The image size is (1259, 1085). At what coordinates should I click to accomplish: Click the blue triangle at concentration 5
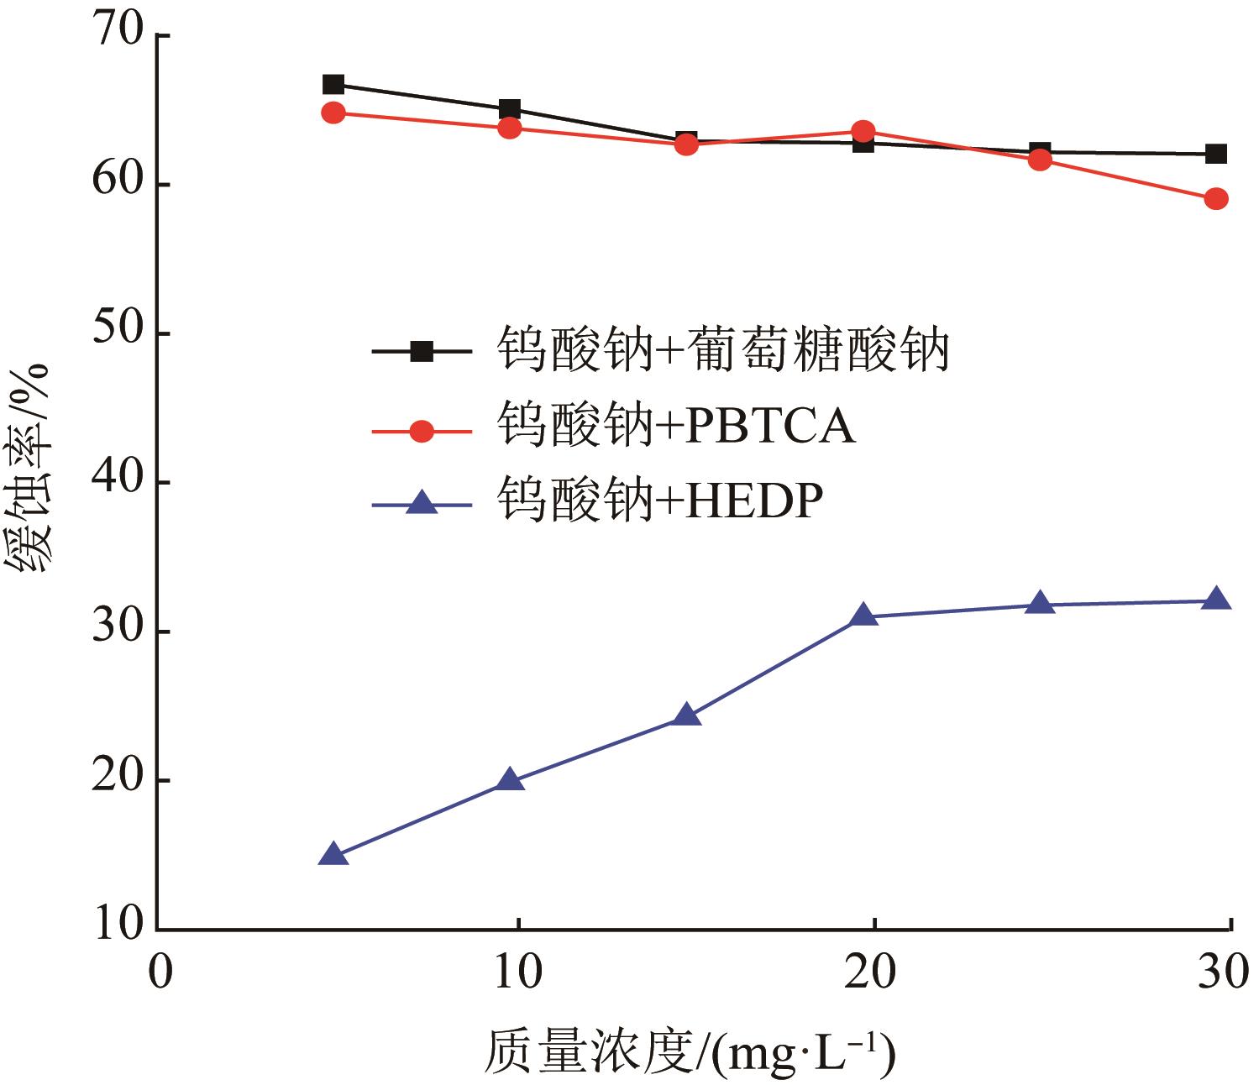(x=333, y=855)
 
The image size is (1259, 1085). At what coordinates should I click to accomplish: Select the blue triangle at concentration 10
(x=510, y=781)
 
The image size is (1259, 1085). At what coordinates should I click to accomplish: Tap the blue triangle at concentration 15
(x=686, y=715)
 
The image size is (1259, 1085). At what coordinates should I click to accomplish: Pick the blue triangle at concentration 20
(x=863, y=616)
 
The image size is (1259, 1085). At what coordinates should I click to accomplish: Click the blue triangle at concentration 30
(x=1215, y=600)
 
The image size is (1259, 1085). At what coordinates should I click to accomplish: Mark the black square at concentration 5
(x=333, y=84)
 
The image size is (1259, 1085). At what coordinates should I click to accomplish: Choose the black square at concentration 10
(x=510, y=109)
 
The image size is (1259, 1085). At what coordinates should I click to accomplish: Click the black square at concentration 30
(x=1215, y=154)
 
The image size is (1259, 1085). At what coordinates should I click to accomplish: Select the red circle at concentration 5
(x=333, y=113)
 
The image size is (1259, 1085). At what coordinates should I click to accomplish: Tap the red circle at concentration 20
(x=863, y=131)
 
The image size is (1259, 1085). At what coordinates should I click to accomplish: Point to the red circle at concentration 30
(x=1215, y=199)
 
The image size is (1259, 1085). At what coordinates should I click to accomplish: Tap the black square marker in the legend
(x=422, y=351)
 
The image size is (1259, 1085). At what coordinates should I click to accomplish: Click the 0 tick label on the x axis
(x=160, y=972)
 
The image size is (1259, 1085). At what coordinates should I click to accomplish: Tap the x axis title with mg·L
(x=689, y=1052)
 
